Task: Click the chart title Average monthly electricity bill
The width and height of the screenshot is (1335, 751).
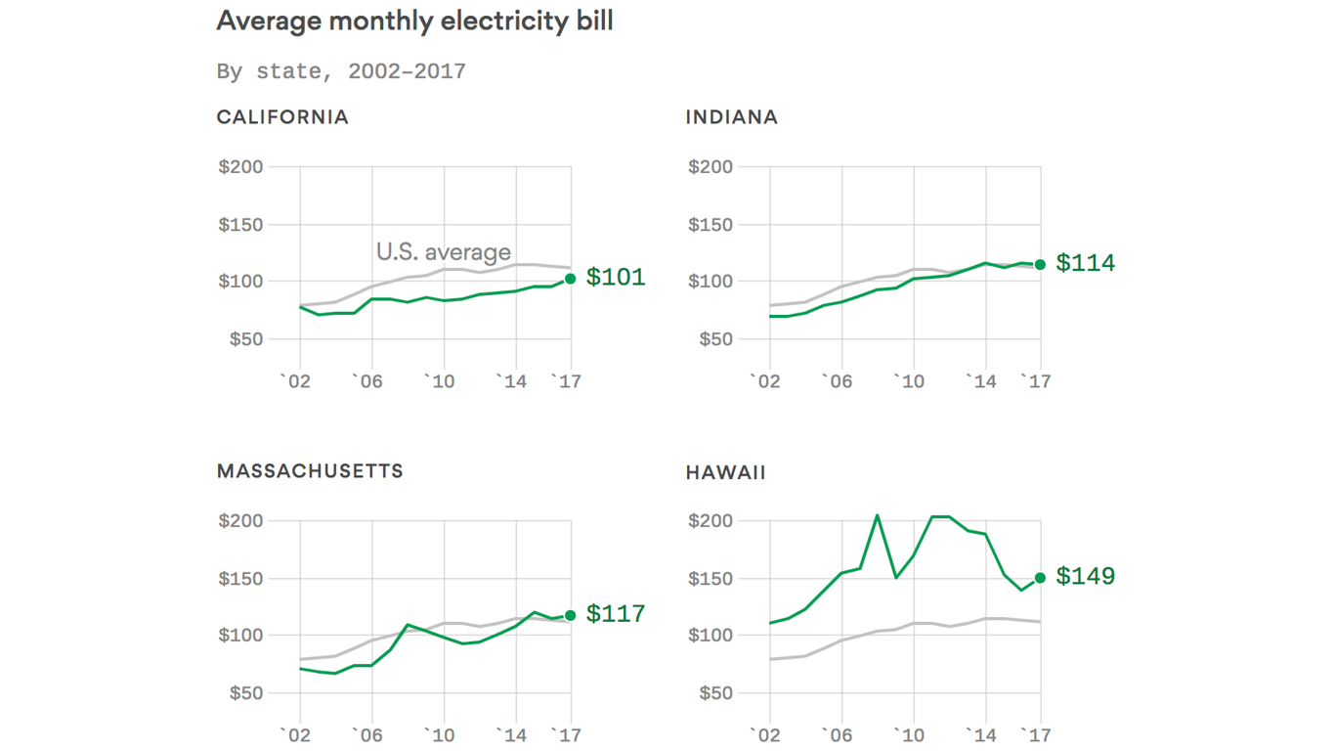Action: [x=414, y=21]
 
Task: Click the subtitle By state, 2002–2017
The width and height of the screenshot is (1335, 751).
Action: [x=341, y=71]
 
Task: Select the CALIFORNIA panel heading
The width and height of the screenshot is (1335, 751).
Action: [x=282, y=117]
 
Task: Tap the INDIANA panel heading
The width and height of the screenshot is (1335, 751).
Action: [x=732, y=117]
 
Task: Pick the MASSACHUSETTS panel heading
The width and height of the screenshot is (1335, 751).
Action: [x=310, y=471]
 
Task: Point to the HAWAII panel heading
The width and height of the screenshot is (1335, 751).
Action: [x=725, y=473]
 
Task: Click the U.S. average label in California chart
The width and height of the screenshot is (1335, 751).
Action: [x=444, y=252]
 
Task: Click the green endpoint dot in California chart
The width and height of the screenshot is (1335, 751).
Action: [x=571, y=279]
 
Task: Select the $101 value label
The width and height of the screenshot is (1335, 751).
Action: [x=616, y=278]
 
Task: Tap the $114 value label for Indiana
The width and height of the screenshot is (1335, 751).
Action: [x=1085, y=263]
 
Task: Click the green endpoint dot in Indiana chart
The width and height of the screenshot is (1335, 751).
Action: [x=1041, y=264]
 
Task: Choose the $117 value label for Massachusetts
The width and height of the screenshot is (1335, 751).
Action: [x=616, y=614]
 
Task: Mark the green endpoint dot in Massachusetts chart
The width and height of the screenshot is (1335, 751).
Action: [x=571, y=615]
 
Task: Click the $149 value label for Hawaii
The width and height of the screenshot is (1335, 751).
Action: [x=1085, y=577]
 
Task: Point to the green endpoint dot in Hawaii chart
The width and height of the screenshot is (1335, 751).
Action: [x=1041, y=578]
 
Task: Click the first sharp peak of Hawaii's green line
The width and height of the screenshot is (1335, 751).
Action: [x=878, y=515]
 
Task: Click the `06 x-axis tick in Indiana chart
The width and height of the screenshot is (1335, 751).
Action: [x=837, y=380]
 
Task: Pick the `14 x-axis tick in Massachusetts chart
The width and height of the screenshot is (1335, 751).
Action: [x=511, y=734]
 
